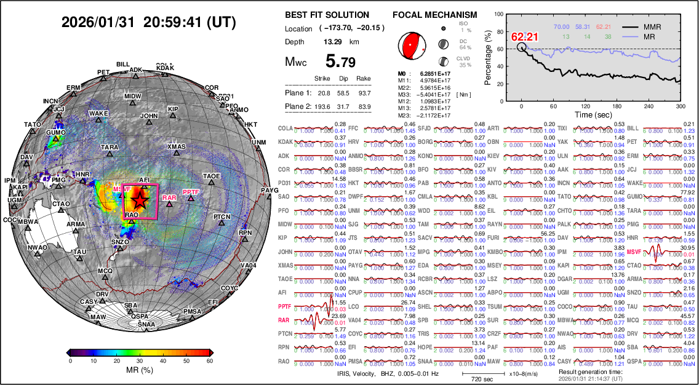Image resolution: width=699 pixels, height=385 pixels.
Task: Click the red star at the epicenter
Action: pyautogui.click(x=140, y=200)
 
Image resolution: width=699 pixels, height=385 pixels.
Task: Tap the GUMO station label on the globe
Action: pyautogui.click(x=56, y=132)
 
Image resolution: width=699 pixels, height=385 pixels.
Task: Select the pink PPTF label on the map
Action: pyautogui.click(x=191, y=193)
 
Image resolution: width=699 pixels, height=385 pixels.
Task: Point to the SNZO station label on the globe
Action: pyautogui.click(x=120, y=242)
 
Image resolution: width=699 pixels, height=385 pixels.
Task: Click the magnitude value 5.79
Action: pyautogui.click(x=340, y=62)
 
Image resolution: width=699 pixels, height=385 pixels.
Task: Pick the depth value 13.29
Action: pyautogui.click(x=333, y=42)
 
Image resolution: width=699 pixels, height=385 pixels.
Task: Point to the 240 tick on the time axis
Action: pyautogui.click(x=644, y=106)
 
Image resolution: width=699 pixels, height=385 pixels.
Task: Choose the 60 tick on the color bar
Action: pyautogui.click(x=210, y=361)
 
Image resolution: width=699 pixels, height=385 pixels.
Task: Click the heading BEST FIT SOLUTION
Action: pyautogui.click(x=327, y=15)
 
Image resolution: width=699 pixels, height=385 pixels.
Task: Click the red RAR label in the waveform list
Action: pyautogui.click(x=284, y=320)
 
